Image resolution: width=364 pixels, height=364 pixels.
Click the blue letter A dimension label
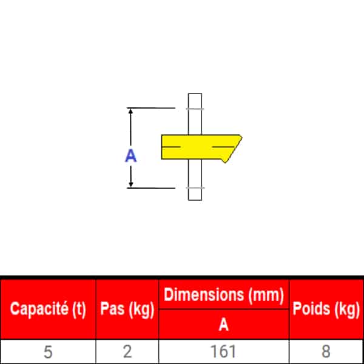click(130, 155)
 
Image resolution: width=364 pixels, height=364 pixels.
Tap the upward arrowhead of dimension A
click(130, 111)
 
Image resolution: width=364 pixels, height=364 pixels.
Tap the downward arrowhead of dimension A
click(130, 184)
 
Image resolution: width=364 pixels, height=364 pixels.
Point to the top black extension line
click(151, 108)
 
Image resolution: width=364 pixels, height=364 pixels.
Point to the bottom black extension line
click(151, 188)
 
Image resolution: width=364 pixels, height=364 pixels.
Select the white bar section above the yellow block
click(195, 114)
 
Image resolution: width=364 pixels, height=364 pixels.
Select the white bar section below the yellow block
click(195, 180)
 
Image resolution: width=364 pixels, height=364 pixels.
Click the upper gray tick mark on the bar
click(195, 109)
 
